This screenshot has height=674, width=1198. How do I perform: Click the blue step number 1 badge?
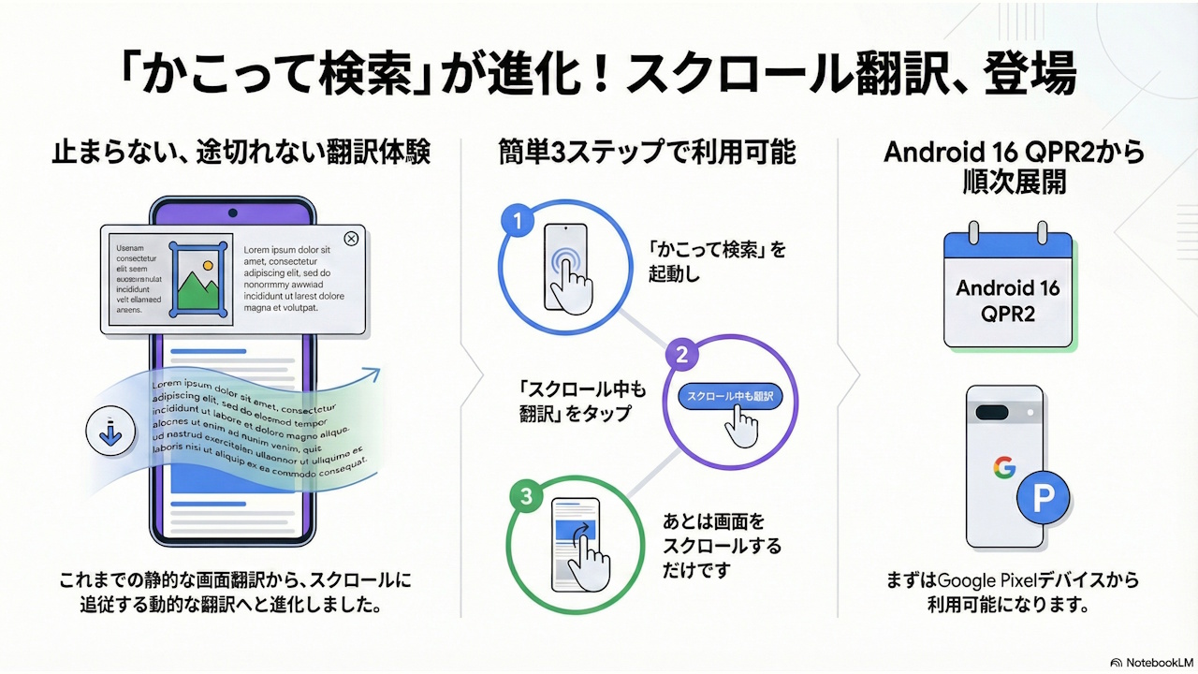517,223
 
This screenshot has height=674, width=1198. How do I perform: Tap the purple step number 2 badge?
681,355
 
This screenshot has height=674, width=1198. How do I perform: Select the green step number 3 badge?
525,496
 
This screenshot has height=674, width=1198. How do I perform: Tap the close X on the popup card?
351,239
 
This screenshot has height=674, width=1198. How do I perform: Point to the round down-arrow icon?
111,432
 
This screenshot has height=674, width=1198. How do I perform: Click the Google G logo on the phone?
1004,465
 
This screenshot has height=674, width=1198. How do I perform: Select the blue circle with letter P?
1043,499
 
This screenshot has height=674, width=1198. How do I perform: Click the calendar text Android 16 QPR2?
1007,300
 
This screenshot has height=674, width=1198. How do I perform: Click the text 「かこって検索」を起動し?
717,261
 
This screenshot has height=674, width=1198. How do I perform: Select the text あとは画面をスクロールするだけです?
721,545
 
